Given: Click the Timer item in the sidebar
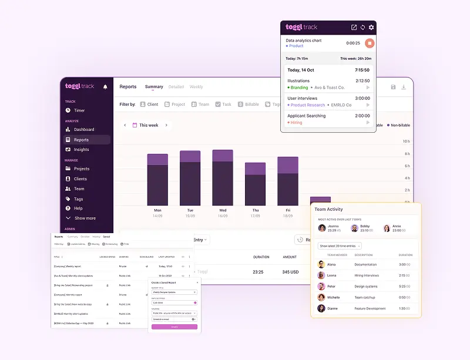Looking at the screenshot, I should coord(79,110).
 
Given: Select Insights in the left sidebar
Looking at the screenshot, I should coord(81,150).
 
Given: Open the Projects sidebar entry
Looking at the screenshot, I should coord(81,169).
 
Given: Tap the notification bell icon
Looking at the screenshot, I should coord(105,87).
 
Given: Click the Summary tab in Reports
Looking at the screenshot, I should coord(154,87).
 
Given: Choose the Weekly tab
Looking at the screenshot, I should coord(196,87).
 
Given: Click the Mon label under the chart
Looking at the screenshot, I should coord(157,210).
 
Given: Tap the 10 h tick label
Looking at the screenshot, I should coord(406,142).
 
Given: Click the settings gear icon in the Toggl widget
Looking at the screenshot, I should coord(371,28).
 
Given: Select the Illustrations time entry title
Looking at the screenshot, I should coord(298,81).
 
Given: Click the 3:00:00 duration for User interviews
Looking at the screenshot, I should coord(362,99).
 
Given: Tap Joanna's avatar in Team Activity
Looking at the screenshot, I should coord(321,228).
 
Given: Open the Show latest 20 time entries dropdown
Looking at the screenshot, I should coord(340,246).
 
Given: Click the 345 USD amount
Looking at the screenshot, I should coord(290,272).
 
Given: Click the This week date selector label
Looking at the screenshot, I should coord(149,125).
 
